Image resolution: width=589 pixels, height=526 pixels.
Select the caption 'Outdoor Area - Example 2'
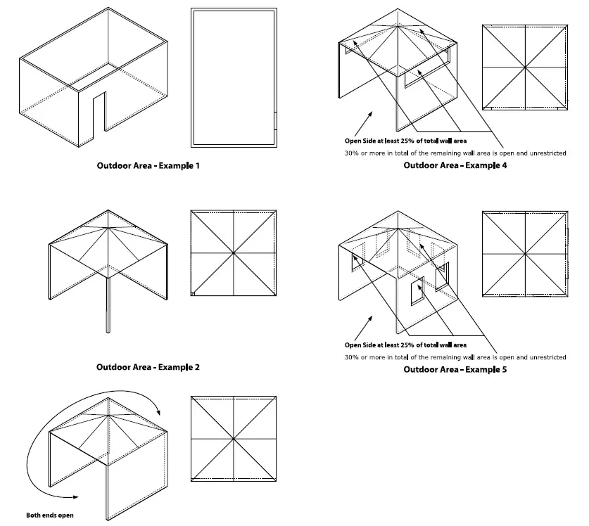[x=148, y=367]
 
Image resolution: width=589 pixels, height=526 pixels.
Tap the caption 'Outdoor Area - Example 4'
[x=455, y=166]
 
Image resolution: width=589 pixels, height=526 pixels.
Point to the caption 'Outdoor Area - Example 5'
[x=455, y=369]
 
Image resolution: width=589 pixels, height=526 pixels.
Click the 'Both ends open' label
[x=50, y=515]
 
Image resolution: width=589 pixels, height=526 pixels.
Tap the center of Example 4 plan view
[x=524, y=68]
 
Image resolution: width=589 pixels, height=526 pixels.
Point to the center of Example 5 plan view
[x=524, y=253]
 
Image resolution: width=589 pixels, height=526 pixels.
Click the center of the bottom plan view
[x=233, y=439]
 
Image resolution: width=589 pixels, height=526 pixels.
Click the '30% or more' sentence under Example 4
[x=455, y=153]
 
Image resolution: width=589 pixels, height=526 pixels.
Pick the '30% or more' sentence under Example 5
[x=455, y=357]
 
